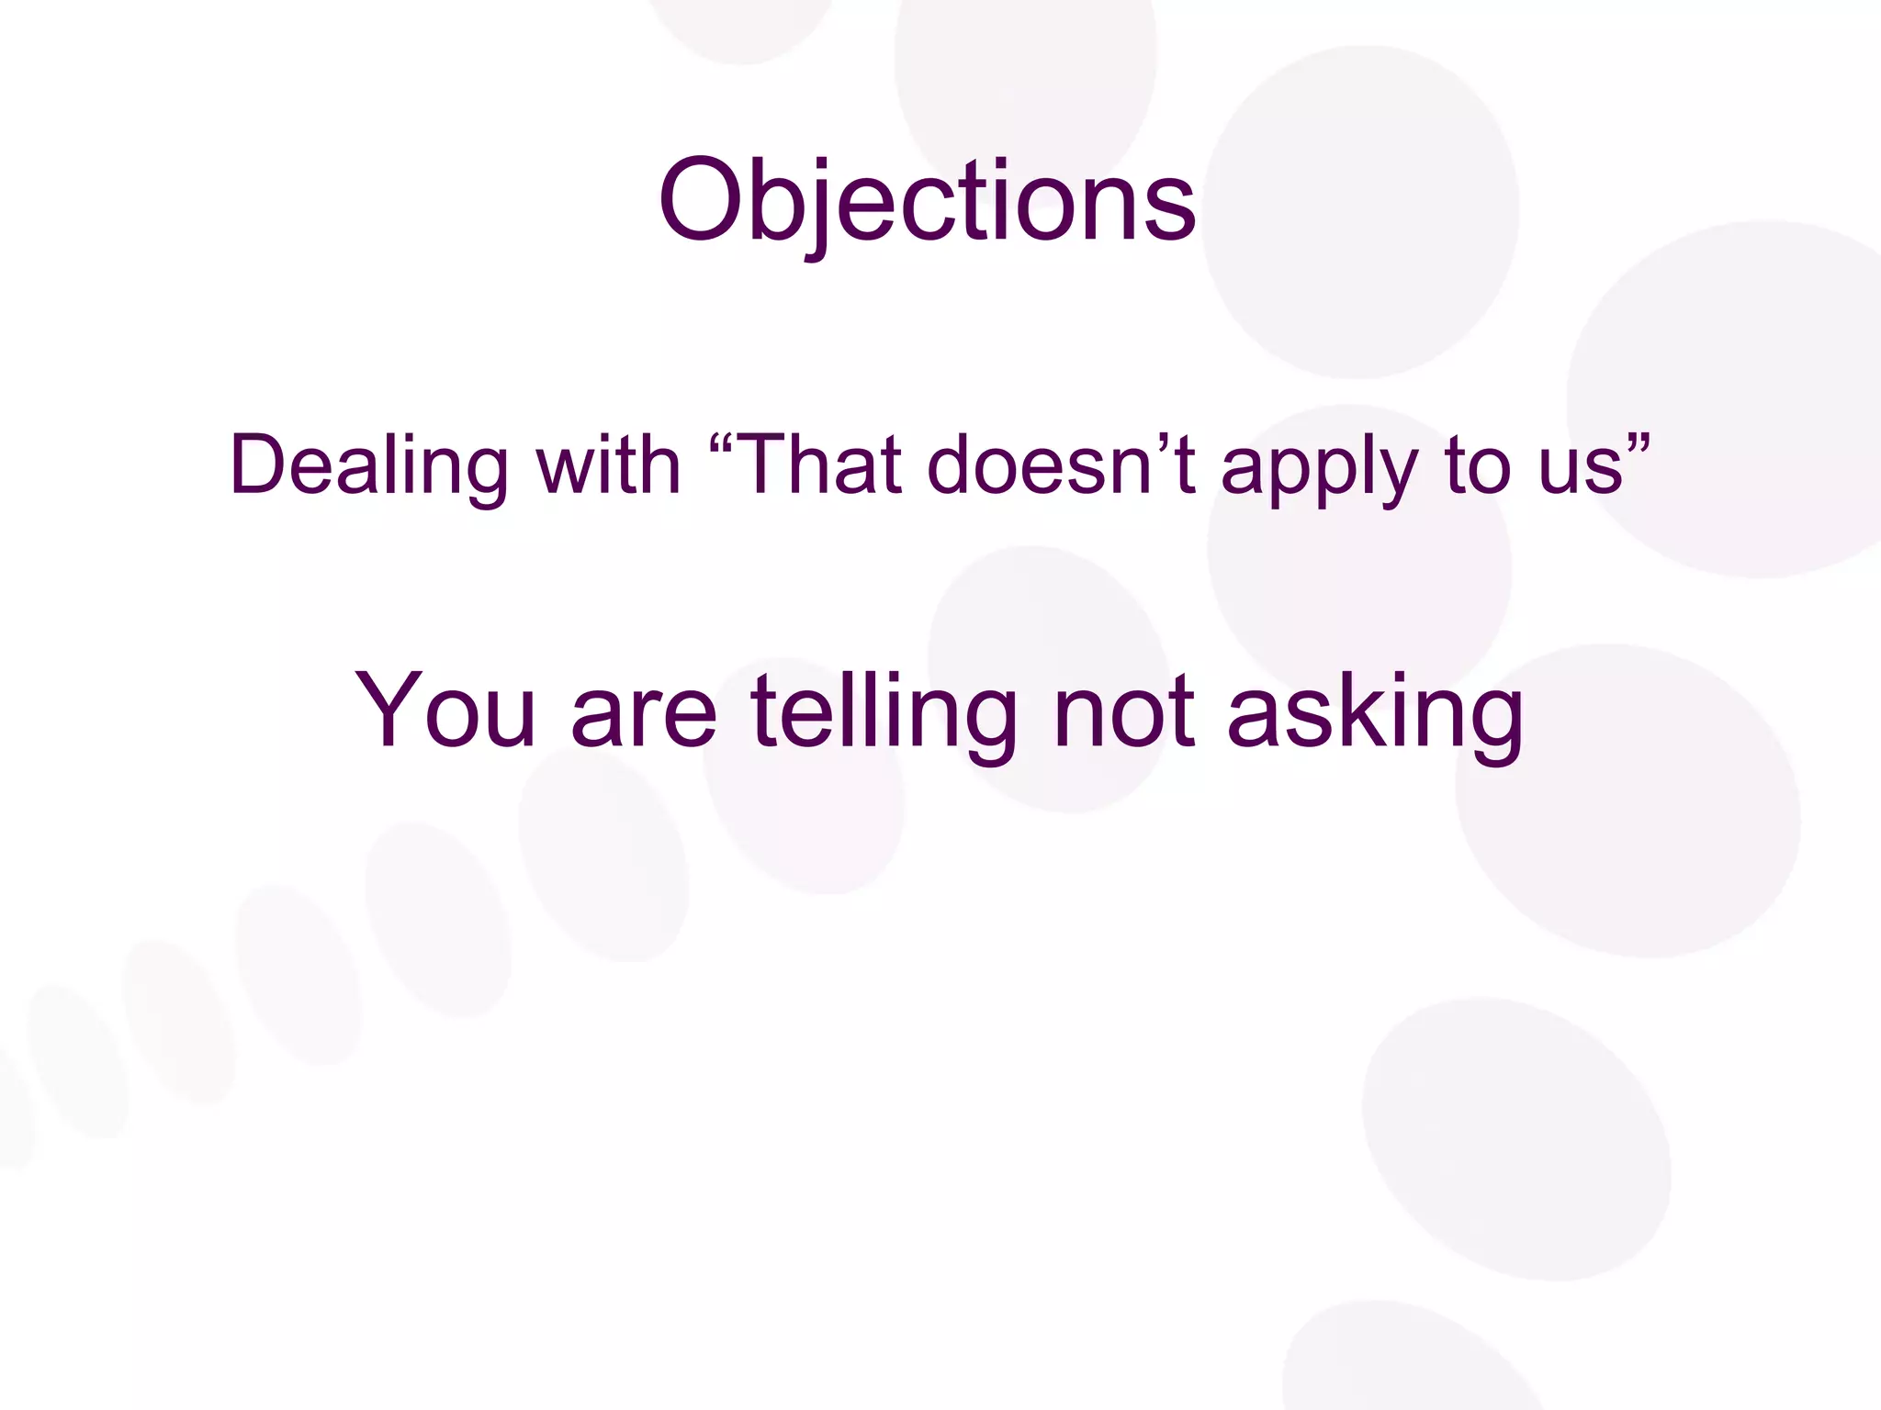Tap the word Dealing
coord(368,466)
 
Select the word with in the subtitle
coord(608,464)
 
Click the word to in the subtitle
coord(1480,465)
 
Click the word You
coord(445,711)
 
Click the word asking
coord(1375,712)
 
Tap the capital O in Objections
coord(700,200)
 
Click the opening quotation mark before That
coord(722,440)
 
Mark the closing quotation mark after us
coord(1639,440)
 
